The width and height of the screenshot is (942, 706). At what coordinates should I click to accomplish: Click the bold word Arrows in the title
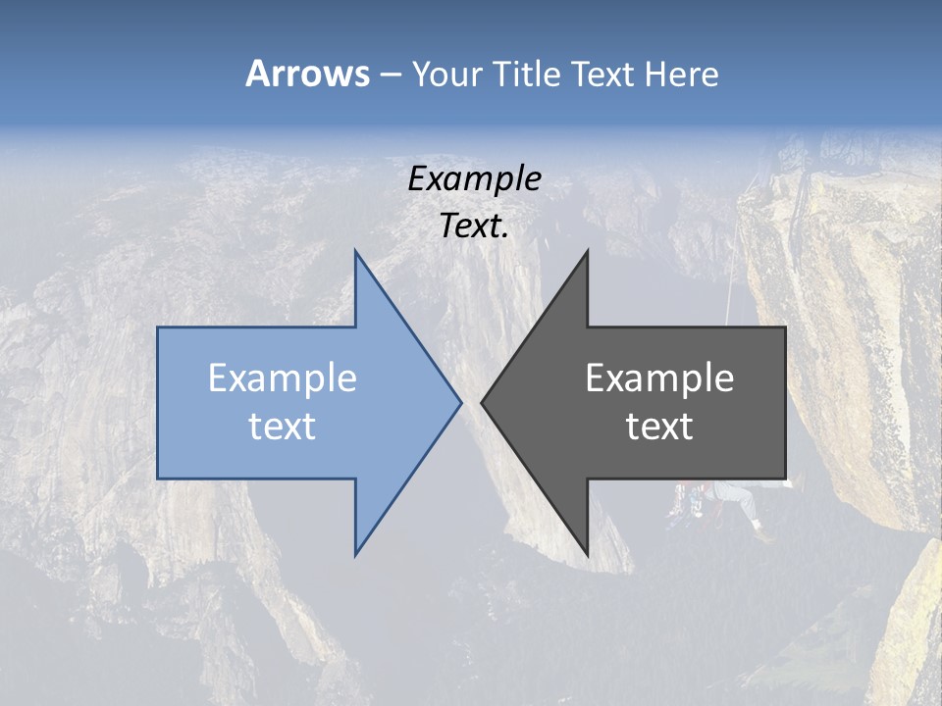307,74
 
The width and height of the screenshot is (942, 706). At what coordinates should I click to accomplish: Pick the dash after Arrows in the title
390,75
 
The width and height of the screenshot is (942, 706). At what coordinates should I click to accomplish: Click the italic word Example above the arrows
475,178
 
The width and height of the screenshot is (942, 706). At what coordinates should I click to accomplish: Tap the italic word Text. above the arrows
475,227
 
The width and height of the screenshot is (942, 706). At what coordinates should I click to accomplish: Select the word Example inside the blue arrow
283,378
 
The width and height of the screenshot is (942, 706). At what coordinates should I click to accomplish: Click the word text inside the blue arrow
283,427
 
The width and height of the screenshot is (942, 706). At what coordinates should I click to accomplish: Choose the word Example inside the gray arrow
659,378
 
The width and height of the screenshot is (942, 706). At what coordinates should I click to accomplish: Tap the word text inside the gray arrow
659,427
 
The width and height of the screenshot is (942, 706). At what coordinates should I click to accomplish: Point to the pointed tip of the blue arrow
460,402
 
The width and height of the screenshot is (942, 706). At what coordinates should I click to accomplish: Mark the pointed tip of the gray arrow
482,402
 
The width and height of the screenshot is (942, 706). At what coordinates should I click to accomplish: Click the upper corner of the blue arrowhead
356,252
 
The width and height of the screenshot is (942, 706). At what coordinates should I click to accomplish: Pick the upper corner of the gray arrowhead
587,252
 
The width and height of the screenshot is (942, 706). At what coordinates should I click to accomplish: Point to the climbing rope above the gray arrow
730,294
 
